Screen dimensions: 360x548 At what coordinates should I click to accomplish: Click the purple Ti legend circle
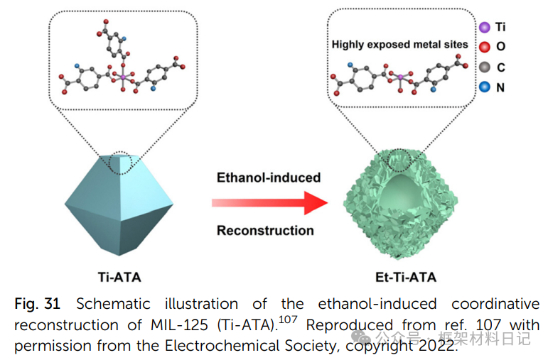[484, 27]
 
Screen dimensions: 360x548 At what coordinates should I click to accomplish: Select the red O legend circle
[484, 47]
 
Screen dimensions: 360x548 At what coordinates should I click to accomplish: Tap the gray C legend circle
[484, 67]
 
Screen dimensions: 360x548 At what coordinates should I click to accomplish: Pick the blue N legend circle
[484, 87]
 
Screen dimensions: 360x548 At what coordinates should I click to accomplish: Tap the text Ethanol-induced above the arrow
[268, 177]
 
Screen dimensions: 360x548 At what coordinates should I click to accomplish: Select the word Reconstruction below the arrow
[265, 230]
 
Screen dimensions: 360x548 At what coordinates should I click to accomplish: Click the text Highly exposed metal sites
[400, 45]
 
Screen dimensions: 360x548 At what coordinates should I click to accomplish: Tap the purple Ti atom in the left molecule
[122, 75]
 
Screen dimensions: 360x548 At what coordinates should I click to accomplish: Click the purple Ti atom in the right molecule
[400, 76]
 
